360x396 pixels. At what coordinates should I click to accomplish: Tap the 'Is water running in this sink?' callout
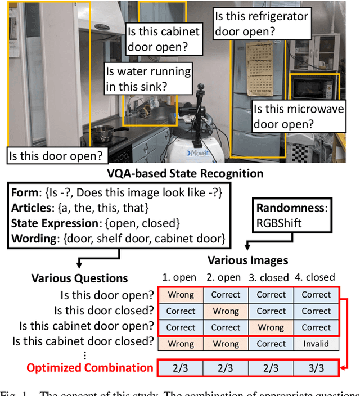(148, 79)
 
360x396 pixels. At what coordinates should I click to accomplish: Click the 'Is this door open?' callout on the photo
(56, 155)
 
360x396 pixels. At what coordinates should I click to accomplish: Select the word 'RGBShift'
(280, 223)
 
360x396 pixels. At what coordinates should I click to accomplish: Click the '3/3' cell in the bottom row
(316, 368)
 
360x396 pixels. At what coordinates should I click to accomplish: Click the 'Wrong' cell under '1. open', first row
(181, 294)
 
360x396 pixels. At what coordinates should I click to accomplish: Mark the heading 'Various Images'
(247, 260)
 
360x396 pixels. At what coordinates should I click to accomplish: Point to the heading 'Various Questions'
(79, 278)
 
